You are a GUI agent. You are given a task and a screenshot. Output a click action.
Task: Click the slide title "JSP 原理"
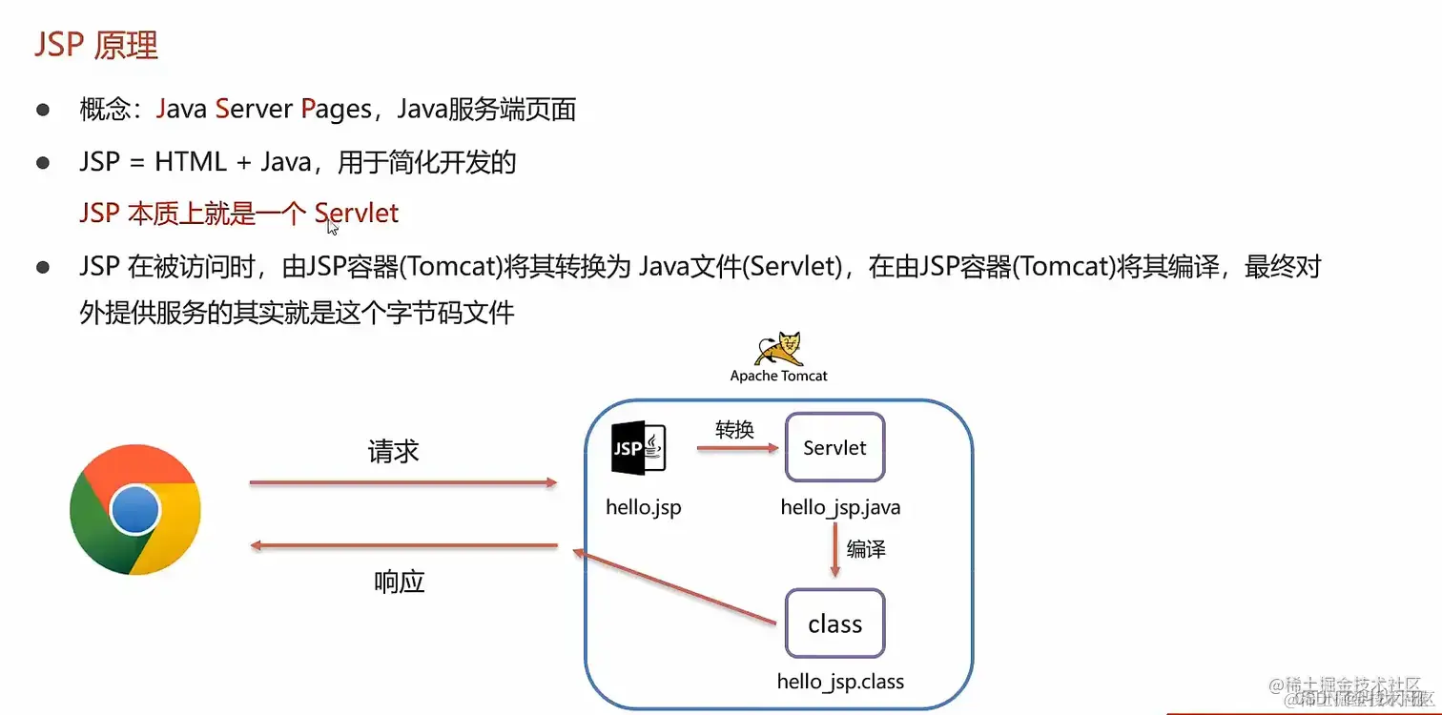pos(96,46)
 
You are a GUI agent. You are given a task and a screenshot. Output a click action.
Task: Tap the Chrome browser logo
pos(135,510)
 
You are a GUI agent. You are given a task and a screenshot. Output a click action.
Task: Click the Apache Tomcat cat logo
pos(778,350)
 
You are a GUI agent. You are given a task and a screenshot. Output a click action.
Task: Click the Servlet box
pos(834,448)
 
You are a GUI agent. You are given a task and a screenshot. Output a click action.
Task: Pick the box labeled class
pos(834,623)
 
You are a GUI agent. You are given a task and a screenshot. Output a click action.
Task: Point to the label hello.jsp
pos(644,507)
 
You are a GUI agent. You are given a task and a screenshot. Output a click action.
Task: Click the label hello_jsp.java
pos(840,507)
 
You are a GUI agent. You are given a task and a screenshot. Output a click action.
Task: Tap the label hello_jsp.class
pos(840,682)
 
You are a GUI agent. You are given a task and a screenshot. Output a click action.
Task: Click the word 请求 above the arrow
pos(393,451)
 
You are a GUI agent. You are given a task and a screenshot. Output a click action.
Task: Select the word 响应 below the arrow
pos(399,582)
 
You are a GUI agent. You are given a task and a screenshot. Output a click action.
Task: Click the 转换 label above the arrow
pos(734,429)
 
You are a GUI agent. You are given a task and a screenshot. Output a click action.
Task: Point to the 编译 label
pos(866,549)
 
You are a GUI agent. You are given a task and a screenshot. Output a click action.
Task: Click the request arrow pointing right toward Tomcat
pos(402,483)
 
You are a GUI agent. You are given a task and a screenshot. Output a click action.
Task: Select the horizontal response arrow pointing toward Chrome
pos(402,545)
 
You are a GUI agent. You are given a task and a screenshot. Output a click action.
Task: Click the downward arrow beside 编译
pos(835,551)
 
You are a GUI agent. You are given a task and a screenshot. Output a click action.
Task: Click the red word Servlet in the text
pos(357,213)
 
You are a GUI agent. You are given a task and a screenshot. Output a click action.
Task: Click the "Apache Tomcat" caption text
pos(778,376)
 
